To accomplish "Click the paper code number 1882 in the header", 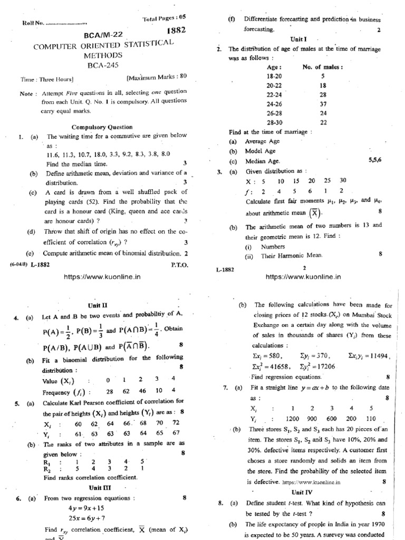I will (x=176, y=31).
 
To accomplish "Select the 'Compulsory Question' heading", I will (x=102, y=127).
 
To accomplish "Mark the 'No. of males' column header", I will (x=323, y=67).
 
